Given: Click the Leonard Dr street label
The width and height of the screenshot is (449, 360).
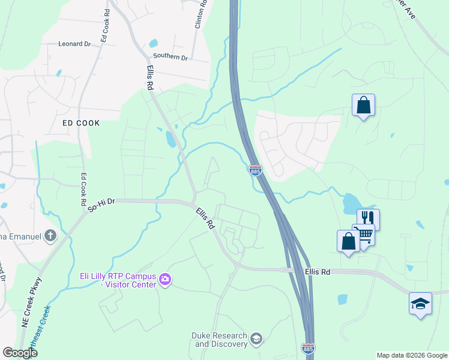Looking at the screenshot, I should point(74,44).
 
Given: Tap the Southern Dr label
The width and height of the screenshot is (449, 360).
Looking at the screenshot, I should point(170,57).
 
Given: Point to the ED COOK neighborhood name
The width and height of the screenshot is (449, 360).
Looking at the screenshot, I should point(81,122).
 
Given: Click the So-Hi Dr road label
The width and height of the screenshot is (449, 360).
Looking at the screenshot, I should point(101,206).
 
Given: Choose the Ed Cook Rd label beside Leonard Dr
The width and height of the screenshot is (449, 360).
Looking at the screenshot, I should point(104,26).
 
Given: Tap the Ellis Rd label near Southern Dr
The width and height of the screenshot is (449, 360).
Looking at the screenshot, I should point(149,77).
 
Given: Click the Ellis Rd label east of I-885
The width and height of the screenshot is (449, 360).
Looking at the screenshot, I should point(318,272).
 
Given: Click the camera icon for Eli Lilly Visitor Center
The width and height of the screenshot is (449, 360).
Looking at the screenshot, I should point(166,279).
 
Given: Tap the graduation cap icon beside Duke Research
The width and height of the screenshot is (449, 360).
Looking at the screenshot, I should point(256,340).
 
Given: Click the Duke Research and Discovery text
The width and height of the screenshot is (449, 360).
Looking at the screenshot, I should point(220,340).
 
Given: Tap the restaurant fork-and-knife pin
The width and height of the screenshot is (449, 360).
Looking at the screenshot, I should point(368,218).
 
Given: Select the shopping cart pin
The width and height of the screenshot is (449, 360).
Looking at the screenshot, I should point(364,233).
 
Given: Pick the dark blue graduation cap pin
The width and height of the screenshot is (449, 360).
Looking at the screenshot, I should point(420,303).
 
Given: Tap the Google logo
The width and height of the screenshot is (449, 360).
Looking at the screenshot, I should point(20,353).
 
